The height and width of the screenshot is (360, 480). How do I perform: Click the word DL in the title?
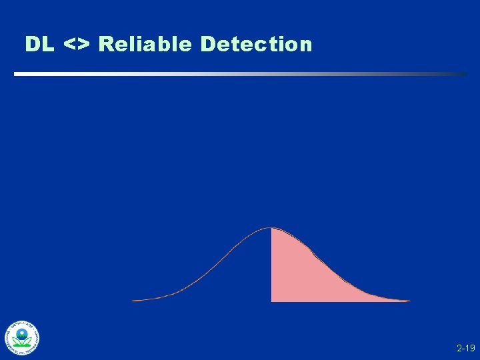tap(41, 44)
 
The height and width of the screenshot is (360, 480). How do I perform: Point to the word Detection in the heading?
tap(256, 44)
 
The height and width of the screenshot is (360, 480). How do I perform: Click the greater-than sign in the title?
tap(85, 45)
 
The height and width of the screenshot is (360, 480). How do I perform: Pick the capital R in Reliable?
tap(105, 44)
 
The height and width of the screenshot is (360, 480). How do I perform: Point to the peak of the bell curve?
tap(269, 228)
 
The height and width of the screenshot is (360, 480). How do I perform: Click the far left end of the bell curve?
tap(133, 301)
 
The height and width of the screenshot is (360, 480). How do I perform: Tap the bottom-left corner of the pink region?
tap(272, 301)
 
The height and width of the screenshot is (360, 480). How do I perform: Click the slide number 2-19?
tap(465, 348)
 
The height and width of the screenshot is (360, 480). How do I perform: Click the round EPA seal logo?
tap(23, 337)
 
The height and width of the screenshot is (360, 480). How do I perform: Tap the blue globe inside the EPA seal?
tap(23, 333)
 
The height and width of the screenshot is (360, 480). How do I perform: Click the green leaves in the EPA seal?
tap(23, 342)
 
